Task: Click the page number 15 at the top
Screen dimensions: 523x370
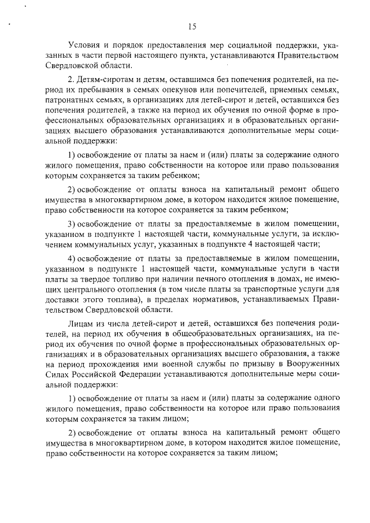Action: pos(192,25)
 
